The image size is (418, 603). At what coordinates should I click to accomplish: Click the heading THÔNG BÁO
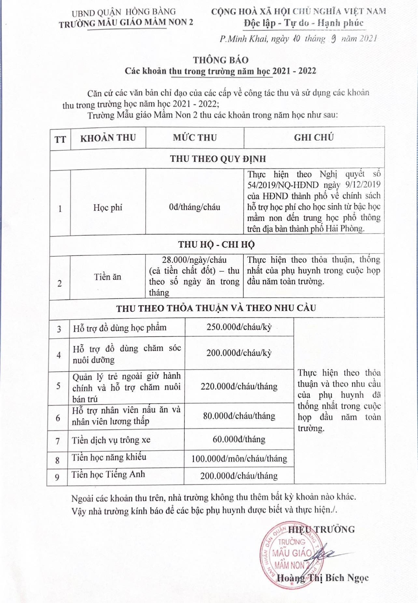[221, 60]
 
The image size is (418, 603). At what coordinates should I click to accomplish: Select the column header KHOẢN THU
[108, 138]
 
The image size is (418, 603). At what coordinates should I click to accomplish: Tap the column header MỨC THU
[195, 138]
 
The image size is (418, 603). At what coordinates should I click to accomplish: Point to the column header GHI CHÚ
[314, 138]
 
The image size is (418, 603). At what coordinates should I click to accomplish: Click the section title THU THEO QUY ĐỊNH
[218, 159]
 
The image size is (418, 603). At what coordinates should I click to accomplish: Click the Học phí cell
[108, 207]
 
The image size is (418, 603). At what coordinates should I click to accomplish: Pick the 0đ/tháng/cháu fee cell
[194, 207]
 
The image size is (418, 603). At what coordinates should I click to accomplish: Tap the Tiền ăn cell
[107, 277]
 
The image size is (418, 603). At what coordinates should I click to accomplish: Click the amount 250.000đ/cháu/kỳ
[239, 327]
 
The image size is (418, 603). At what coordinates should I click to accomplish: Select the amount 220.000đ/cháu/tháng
[239, 387]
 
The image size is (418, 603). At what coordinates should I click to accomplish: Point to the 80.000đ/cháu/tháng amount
[239, 416]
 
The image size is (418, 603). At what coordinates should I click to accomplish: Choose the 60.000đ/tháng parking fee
[239, 439]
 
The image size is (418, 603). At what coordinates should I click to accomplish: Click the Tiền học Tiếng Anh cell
[108, 475]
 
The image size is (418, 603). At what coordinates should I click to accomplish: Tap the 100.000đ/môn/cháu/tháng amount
[239, 459]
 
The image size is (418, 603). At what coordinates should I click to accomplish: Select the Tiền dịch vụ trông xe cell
[111, 440]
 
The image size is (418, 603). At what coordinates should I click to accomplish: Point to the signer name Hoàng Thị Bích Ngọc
[322, 578]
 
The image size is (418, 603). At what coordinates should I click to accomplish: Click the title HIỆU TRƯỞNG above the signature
[321, 530]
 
